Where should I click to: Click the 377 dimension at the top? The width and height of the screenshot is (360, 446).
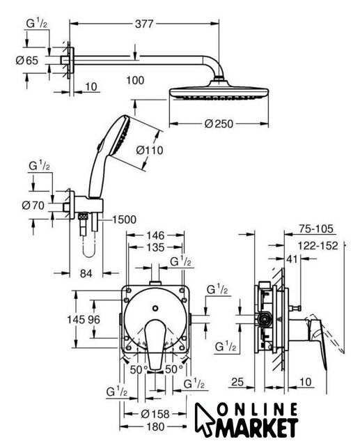144,24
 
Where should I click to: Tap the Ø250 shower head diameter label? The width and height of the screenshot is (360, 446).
219,124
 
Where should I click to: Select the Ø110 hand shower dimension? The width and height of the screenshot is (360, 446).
150,150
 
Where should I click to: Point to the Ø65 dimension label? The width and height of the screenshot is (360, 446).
27,61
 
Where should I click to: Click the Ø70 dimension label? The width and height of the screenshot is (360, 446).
33,205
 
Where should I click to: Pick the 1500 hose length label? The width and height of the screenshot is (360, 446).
124,220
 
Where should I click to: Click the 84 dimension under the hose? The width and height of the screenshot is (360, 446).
86,273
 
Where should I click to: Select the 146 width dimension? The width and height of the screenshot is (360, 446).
155,236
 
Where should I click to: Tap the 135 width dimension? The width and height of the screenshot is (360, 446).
156,247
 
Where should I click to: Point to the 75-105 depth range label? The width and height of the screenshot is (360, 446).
315,229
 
